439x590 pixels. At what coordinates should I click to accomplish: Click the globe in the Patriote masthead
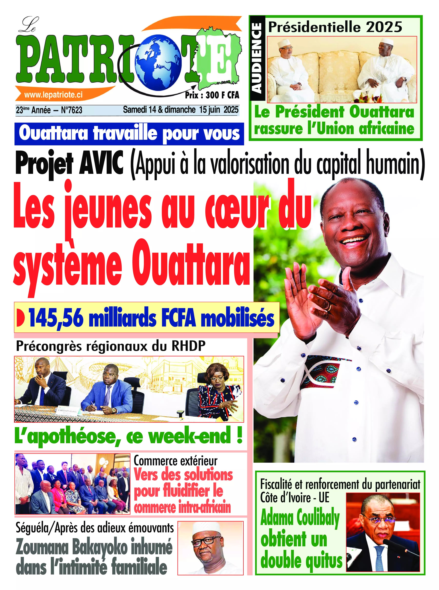[159, 62]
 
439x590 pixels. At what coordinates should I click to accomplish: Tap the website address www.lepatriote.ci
[53, 95]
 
